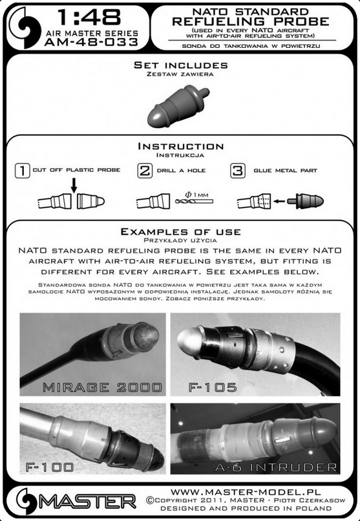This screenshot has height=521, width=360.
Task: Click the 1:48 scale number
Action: pos(89,17)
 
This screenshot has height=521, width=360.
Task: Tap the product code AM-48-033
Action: pos(91,42)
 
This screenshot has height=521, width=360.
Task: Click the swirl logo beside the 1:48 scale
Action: pos(25,28)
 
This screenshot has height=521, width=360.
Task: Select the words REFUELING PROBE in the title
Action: pos(251,21)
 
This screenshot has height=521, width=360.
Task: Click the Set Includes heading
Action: pos(181,65)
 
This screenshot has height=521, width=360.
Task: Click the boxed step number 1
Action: pos(22,171)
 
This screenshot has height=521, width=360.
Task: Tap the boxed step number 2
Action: pos(145,171)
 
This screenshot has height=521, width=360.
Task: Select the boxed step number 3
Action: pos(238,171)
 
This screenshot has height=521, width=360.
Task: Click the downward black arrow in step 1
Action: pos(74,186)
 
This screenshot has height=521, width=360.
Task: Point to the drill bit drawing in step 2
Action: pos(194,202)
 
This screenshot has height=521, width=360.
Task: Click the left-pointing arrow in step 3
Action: pos(279,201)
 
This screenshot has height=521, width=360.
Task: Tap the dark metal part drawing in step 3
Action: pos(305,200)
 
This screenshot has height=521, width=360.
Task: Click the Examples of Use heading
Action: pos(181,231)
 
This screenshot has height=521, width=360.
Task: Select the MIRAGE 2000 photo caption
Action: pos(102,387)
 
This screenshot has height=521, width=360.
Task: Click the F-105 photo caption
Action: pos(213,387)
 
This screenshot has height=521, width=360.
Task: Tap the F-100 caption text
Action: pos(50,467)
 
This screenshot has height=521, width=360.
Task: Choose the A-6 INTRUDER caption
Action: pos(275,467)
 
